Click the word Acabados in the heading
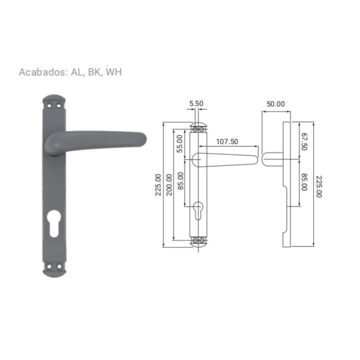(x=43, y=72)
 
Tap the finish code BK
(x=95, y=72)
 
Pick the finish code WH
(x=113, y=72)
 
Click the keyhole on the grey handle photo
(x=54, y=223)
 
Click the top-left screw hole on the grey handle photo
(x=49, y=106)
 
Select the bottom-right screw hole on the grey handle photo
(x=59, y=266)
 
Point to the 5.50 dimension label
(x=196, y=104)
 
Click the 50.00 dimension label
(x=275, y=104)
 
